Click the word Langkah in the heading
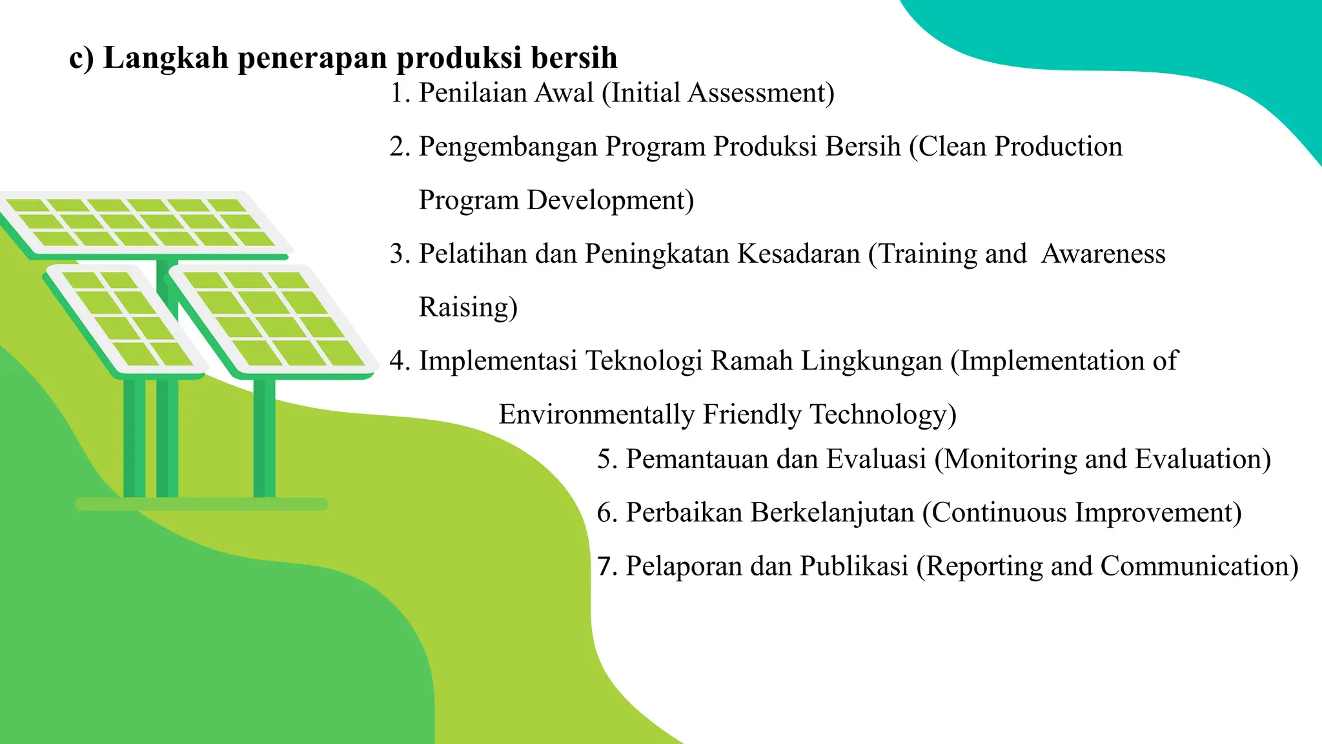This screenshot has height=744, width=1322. tap(166, 58)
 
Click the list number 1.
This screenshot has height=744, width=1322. tap(398, 94)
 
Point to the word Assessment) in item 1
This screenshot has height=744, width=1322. tap(761, 94)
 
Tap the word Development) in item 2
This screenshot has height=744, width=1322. tap(610, 201)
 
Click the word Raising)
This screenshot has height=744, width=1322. tap(468, 307)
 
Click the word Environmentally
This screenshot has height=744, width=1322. tap(596, 415)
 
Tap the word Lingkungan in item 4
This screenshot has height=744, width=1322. tap(871, 361)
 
